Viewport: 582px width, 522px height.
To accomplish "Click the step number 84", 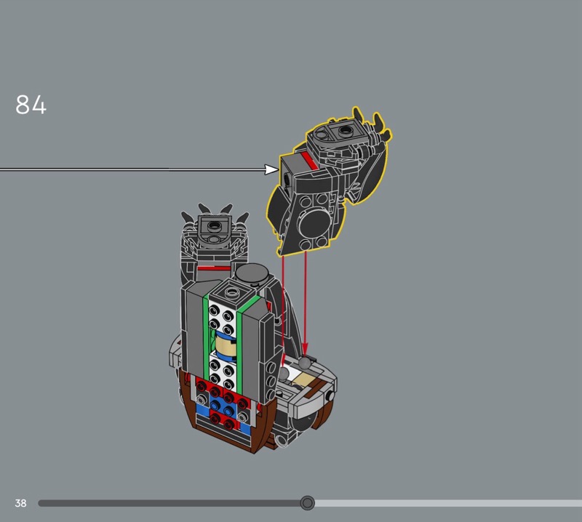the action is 31,104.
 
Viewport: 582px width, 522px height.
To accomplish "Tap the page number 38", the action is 21,503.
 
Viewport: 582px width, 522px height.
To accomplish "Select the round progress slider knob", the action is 307,503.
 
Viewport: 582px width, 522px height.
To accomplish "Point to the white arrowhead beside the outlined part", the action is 271,169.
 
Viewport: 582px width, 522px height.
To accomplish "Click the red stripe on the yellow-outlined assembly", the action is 310,160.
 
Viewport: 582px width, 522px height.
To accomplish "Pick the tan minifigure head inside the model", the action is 226,345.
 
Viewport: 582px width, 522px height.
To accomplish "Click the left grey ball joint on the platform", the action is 284,374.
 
